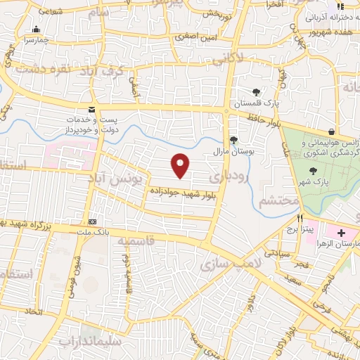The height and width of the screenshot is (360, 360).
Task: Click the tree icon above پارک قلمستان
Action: [257, 91]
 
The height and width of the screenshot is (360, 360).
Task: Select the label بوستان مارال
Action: [233, 150]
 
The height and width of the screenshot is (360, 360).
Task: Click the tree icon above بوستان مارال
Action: [233, 139]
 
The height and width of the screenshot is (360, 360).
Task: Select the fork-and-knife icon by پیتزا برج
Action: [300, 218]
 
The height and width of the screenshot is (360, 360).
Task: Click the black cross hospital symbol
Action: [342, 232]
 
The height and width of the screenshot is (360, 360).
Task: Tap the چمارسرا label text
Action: [35, 40]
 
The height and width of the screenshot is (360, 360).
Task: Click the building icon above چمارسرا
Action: [36, 30]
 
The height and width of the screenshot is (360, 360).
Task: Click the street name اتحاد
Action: [34, 311]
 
